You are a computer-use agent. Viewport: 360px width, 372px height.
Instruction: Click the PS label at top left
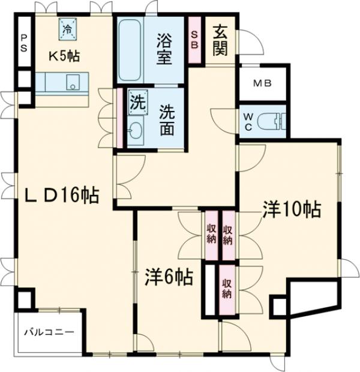(24, 43)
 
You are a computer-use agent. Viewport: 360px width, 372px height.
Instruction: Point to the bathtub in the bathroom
(128, 50)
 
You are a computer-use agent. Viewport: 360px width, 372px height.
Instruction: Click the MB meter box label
(262, 83)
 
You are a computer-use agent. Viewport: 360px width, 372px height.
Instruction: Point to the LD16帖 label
(61, 196)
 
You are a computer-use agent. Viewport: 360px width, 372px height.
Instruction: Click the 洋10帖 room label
(291, 209)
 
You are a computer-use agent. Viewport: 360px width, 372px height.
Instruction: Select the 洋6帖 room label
(169, 277)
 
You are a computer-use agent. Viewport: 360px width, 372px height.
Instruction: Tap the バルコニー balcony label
(49, 331)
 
